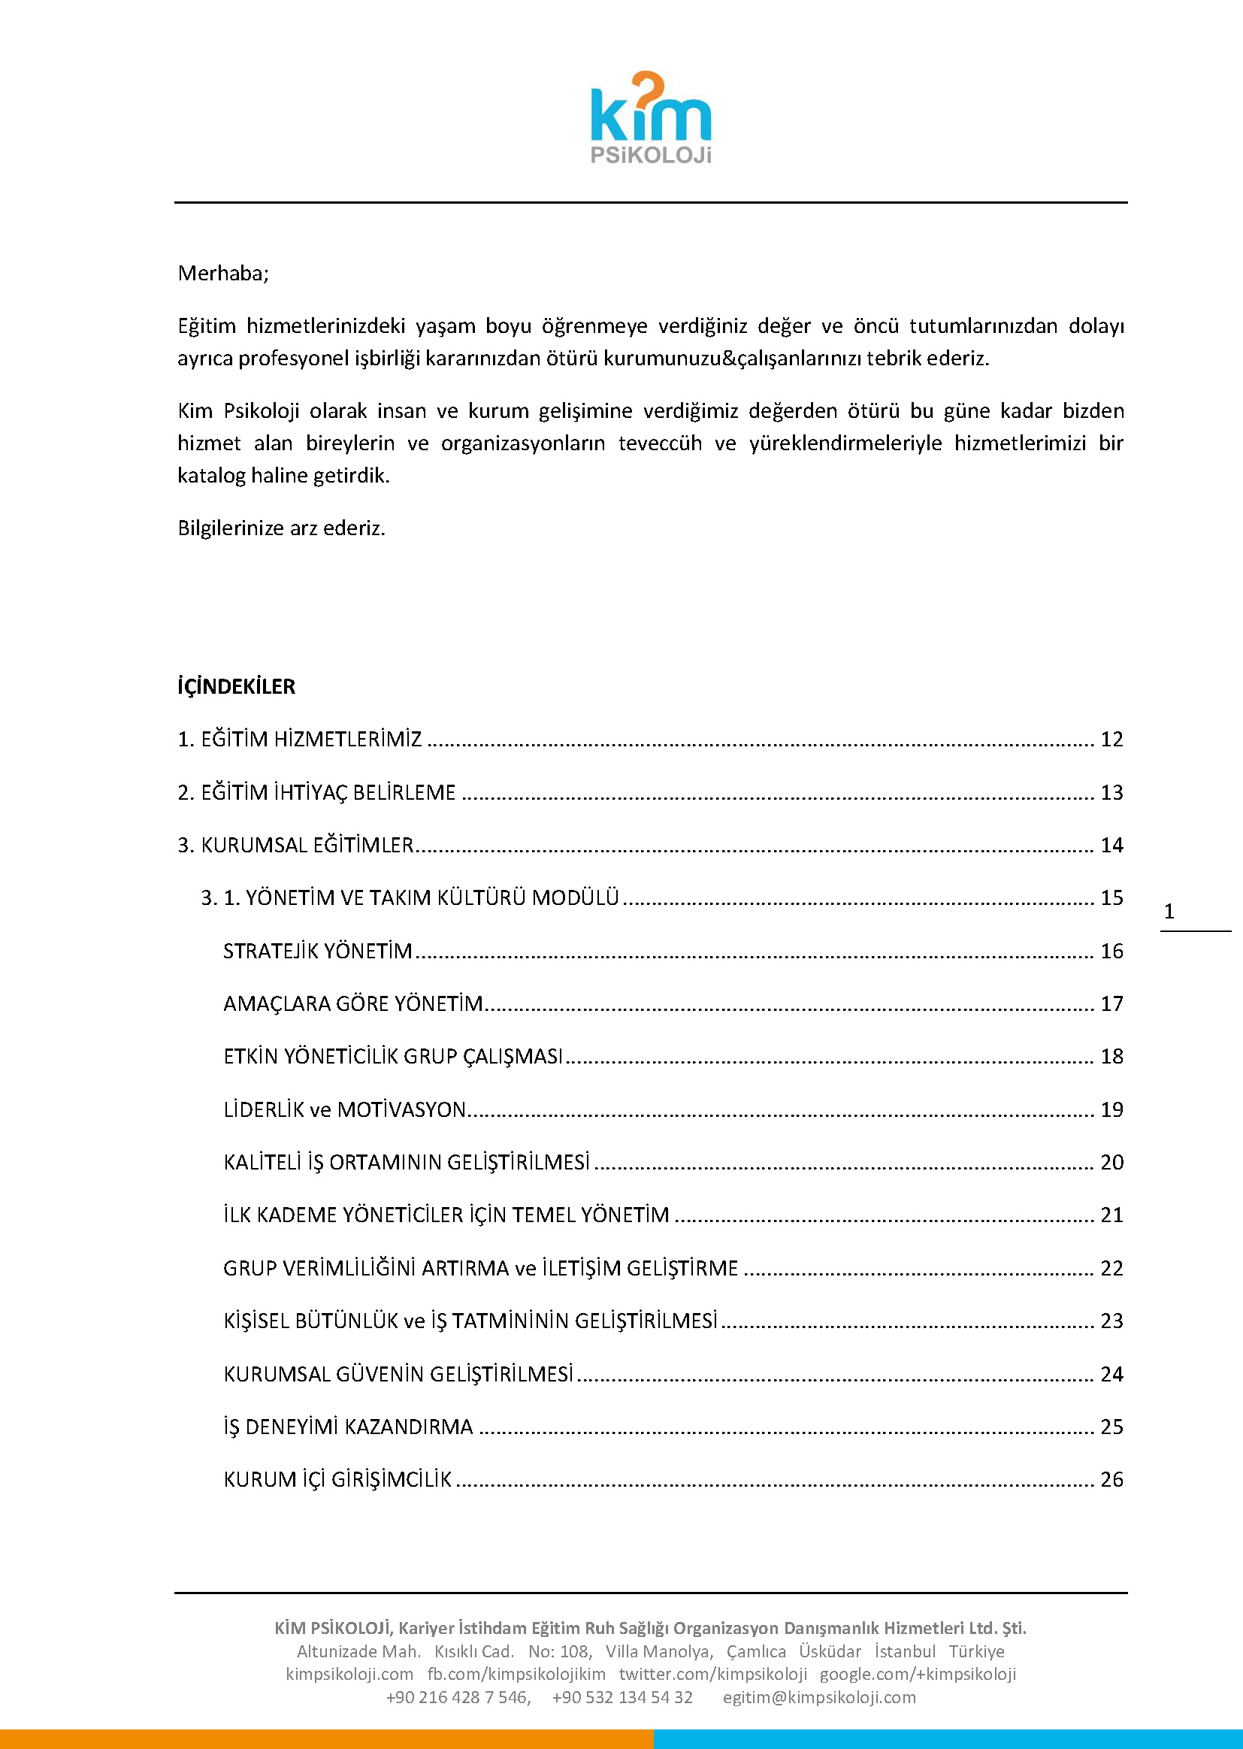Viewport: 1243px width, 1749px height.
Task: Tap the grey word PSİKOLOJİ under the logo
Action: (651, 156)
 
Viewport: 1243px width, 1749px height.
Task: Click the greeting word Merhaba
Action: (222, 274)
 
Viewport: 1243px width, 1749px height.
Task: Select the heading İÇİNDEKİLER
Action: (237, 685)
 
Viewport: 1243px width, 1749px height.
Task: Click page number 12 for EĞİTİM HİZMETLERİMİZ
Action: (1111, 740)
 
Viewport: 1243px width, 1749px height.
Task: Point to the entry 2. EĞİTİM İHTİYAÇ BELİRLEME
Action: (317, 792)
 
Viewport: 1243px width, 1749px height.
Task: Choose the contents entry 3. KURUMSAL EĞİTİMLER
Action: (295, 845)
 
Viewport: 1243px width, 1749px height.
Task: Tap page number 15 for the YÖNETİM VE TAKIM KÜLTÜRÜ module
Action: (1111, 898)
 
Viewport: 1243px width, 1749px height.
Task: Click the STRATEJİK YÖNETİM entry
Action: (318, 951)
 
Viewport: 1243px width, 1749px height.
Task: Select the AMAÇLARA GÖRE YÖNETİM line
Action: (353, 1003)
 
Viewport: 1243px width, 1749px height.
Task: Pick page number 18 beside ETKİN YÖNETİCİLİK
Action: (1111, 1056)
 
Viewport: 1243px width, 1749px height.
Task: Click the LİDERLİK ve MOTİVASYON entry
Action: (344, 1109)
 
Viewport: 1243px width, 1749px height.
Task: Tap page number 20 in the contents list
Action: (1111, 1162)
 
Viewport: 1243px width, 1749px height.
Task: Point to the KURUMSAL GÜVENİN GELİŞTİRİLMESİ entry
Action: (398, 1374)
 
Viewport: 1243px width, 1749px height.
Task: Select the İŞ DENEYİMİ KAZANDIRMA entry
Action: (348, 1427)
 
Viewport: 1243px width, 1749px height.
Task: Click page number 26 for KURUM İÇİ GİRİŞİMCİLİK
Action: (1111, 1480)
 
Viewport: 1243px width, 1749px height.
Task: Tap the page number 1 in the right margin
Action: (1169, 912)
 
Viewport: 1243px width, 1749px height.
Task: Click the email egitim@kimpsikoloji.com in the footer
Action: (819, 1697)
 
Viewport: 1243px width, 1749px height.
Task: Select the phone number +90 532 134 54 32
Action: (622, 1697)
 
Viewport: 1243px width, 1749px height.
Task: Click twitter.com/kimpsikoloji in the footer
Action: (712, 1674)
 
